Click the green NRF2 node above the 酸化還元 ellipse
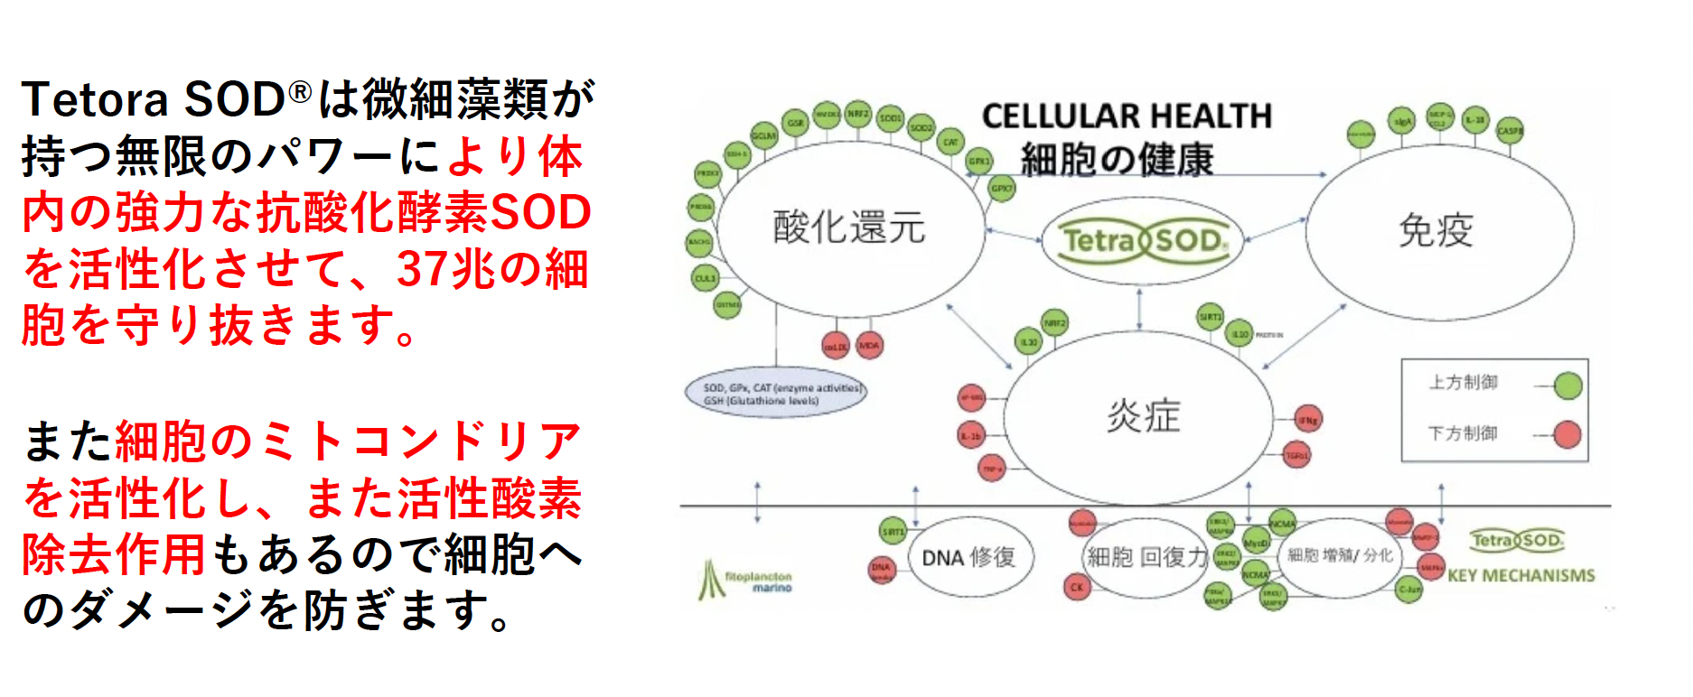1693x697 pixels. point(857,114)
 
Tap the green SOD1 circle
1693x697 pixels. point(890,118)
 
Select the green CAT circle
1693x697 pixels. point(950,143)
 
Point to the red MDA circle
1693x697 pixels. point(869,345)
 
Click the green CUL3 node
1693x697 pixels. point(705,278)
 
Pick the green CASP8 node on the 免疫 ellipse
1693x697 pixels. point(1510,130)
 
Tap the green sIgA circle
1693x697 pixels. point(1402,121)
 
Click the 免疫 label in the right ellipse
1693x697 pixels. point(1436,230)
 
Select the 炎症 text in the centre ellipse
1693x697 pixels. point(1144,416)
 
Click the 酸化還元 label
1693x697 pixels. point(849,227)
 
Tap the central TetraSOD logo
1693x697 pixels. point(1145,240)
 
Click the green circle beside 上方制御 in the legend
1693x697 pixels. point(1568,386)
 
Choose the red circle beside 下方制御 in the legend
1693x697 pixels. point(1567,434)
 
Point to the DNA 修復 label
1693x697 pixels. point(968,558)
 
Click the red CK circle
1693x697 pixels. point(1077,587)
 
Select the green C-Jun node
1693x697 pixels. point(1409,590)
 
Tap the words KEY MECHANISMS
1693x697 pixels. point(1521,576)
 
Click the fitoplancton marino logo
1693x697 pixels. point(746,581)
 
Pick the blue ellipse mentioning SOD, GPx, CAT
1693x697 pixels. point(775,394)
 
